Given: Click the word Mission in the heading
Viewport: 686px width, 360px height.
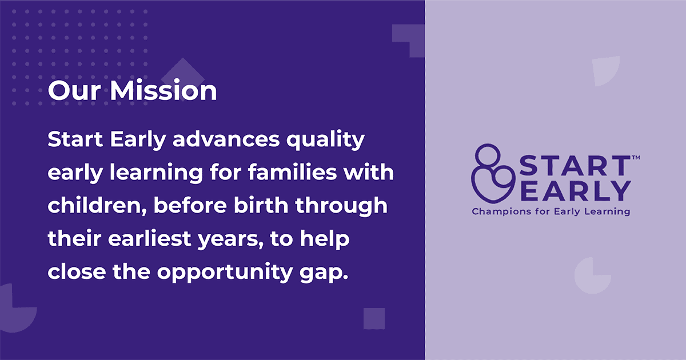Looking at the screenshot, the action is tap(163, 90).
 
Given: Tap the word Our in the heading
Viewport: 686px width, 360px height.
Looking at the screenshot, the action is tap(74, 91).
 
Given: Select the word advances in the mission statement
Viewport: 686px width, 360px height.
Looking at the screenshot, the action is tap(226, 139).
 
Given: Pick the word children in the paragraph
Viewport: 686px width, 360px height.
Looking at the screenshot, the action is tap(95, 205).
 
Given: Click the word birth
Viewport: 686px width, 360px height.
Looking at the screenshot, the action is tap(261, 205).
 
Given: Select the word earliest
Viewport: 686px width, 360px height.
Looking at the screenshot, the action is tap(150, 238).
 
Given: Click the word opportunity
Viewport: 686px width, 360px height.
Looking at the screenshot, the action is tap(225, 272).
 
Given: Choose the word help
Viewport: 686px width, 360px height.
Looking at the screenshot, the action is tap(325, 239).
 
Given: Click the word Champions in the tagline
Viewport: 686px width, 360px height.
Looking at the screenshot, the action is tap(502, 212).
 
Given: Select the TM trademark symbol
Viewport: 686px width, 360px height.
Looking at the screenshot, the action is tap(636, 158).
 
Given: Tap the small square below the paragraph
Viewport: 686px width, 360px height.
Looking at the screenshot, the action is tap(374, 319).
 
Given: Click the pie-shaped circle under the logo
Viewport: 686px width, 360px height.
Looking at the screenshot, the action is tap(593, 276).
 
